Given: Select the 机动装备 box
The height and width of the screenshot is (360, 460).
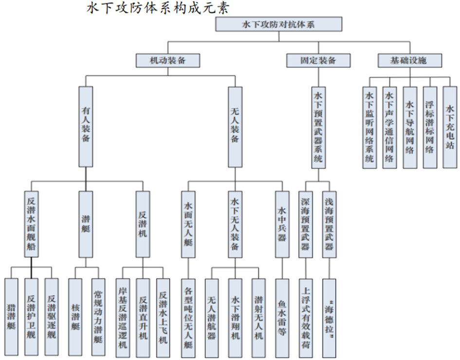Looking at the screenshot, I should click(167, 61).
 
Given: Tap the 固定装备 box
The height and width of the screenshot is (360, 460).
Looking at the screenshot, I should click(318, 61).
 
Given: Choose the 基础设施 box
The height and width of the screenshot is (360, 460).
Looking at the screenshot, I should click(409, 61).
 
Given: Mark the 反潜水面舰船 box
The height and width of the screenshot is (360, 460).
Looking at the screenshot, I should click(32, 224).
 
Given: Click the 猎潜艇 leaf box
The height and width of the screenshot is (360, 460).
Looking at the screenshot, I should click(12, 318).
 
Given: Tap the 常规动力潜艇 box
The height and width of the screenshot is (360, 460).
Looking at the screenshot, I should click(98, 318).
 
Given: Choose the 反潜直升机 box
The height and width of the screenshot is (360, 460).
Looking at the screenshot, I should click(143, 318).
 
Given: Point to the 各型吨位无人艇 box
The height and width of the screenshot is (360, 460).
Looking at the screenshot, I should click(188, 318).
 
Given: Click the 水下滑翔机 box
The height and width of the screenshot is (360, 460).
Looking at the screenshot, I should click(235, 318).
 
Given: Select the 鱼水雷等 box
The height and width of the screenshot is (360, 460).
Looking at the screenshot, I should click(282, 318).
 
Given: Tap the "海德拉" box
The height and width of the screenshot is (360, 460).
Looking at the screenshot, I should click(330, 318).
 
